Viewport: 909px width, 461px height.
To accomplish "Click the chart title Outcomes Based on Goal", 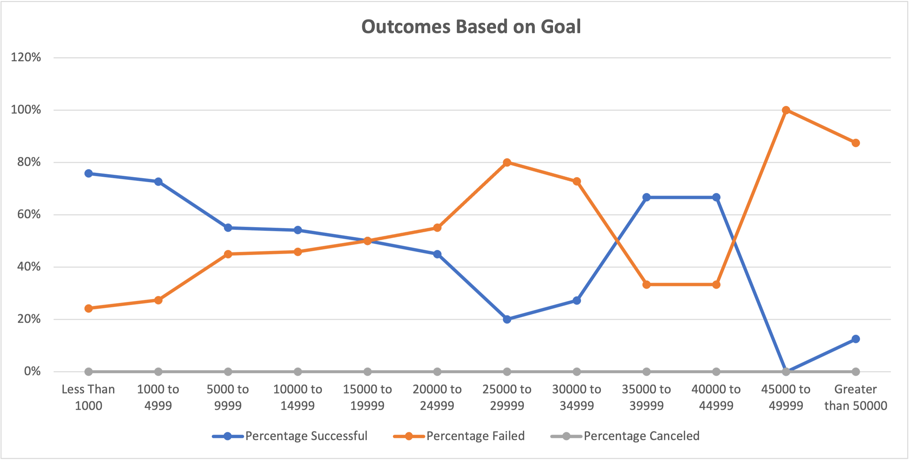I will tap(471, 27).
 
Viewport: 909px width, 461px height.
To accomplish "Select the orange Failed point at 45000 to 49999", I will tap(786, 110).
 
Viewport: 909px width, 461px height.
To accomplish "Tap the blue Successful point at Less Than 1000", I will tap(89, 173).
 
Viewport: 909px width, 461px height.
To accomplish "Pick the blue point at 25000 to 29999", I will tap(507, 319).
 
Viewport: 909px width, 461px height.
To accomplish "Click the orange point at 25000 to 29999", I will tap(507, 162).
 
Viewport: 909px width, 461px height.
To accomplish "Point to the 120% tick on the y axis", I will tap(26, 57).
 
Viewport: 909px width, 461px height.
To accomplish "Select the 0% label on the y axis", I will tap(32, 371).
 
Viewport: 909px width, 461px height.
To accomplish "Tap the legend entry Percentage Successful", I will tap(306, 436).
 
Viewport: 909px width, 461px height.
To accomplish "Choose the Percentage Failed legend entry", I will tap(475, 436).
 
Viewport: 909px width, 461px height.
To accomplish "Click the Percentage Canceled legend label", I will tap(641, 436).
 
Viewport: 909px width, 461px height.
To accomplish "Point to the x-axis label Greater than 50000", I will tap(855, 397).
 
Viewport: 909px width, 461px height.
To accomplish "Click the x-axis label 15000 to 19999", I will tap(367, 397).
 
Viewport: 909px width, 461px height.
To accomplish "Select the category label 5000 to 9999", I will tap(228, 397).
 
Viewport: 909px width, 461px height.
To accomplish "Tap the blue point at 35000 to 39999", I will tap(647, 197).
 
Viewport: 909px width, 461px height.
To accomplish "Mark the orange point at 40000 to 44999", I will tap(716, 284).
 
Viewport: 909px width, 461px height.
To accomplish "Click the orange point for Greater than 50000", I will tap(856, 143).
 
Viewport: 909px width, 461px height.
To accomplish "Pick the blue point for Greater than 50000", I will tap(856, 339).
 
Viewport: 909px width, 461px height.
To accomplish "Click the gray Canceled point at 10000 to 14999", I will tap(298, 372).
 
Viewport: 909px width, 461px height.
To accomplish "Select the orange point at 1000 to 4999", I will tap(158, 300).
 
